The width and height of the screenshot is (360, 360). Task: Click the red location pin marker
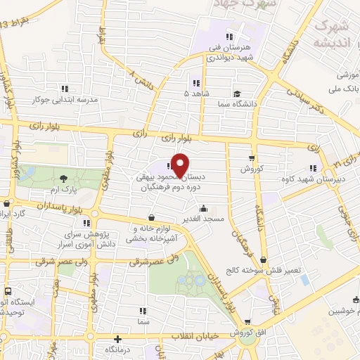[x=180, y=165]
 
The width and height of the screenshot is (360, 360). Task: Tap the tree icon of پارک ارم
[x=64, y=179]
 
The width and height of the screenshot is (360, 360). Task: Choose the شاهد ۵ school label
[x=195, y=93]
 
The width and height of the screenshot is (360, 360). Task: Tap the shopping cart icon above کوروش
[x=252, y=158]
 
